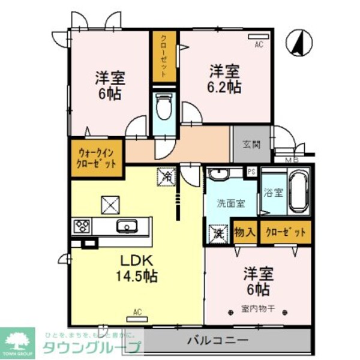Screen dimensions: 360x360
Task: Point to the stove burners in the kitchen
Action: [x=82, y=226]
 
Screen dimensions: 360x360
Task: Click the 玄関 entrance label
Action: [x=252, y=144]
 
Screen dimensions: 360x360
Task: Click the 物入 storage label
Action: [x=245, y=231]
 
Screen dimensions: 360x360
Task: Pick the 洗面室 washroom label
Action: [x=231, y=203]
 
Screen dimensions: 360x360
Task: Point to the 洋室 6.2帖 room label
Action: [x=225, y=79]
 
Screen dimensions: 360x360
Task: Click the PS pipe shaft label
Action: [x=251, y=172]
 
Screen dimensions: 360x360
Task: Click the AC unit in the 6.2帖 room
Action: [x=258, y=39]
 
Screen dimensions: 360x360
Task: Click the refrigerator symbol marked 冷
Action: [x=166, y=177]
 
